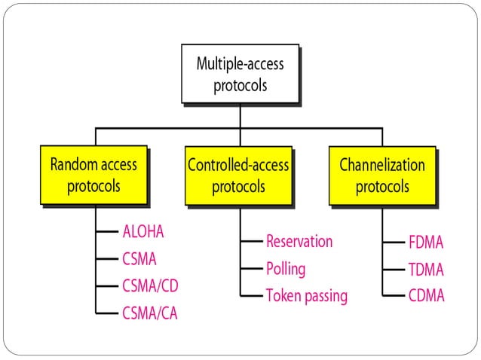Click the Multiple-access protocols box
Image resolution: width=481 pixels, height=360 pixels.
[x=240, y=74]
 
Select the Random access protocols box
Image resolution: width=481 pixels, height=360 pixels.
[x=93, y=175]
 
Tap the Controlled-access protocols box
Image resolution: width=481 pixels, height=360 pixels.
[x=238, y=175]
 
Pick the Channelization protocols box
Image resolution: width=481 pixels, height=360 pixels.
[x=381, y=175]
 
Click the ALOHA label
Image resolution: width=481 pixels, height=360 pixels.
[x=142, y=231]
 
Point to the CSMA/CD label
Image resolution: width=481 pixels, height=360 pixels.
[x=150, y=286]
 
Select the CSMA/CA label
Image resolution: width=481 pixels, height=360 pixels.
[x=150, y=313]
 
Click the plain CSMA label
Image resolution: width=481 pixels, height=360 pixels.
[x=139, y=259]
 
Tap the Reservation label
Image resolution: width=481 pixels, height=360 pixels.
[x=299, y=241]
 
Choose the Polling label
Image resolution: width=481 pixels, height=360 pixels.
[x=286, y=268]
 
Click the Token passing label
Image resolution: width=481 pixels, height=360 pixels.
[x=306, y=295]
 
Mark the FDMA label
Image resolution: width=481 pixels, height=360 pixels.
[x=426, y=243]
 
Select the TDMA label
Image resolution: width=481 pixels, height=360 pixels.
[x=426, y=269]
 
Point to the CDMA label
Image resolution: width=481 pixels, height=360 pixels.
[x=426, y=295]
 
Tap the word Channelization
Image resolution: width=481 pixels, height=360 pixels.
[x=382, y=165]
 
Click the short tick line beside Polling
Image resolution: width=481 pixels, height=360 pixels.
[x=251, y=268]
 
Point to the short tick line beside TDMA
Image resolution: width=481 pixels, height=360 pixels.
[x=393, y=269]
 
